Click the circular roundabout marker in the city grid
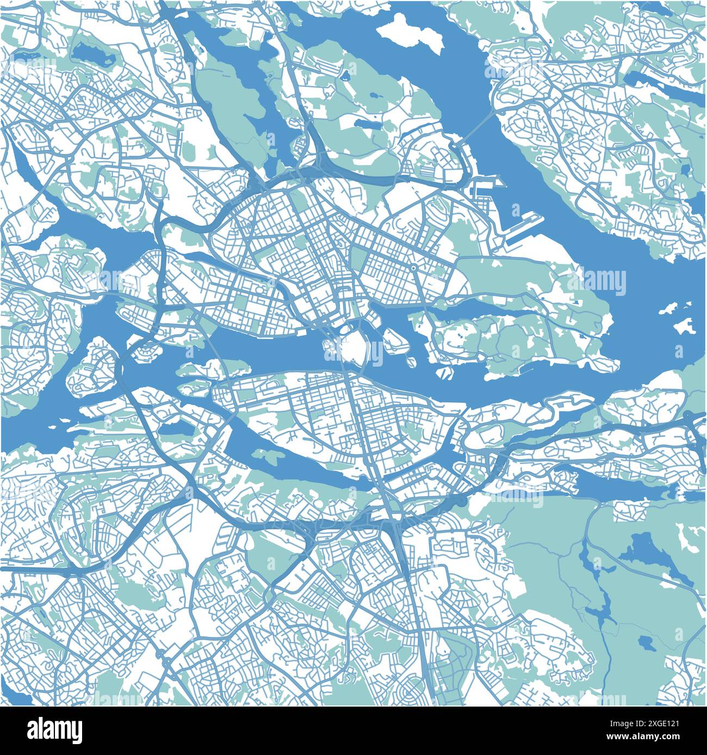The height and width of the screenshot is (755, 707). tap(413, 268)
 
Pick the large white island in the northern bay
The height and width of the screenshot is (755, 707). tap(409, 34)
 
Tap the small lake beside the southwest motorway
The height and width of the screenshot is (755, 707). tap(175, 429)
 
